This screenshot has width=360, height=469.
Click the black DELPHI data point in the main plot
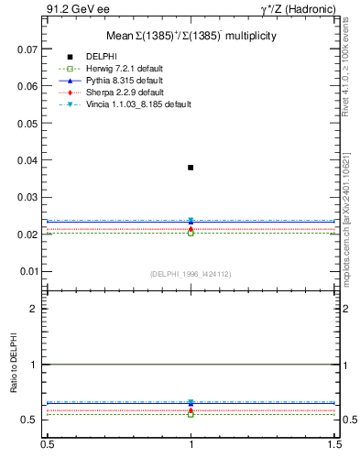[x=191, y=168]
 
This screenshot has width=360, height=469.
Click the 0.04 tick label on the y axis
[x=27, y=160]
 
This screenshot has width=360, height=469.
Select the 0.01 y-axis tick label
[x=27, y=272]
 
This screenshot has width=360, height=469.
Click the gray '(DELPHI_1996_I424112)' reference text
[x=191, y=274]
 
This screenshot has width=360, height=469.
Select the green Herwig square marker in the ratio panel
[x=191, y=413]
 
